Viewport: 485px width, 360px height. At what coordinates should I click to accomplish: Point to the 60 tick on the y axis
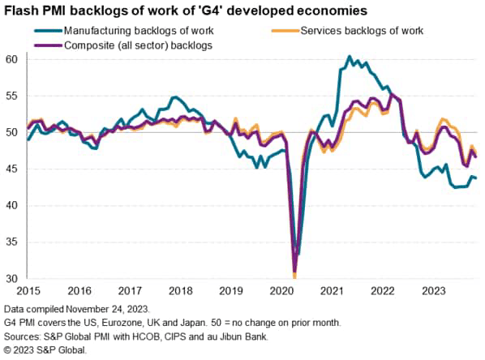click(11, 59)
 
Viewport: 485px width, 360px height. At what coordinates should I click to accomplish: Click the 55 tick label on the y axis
click(11, 96)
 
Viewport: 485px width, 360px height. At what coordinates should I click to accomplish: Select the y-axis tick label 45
click(11, 169)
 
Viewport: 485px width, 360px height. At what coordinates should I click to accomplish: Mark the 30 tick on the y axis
click(11, 278)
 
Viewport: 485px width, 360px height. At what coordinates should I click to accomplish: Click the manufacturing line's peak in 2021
click(349, 57)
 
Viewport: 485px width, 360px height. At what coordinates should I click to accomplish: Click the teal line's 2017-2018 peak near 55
click(174, 97)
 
